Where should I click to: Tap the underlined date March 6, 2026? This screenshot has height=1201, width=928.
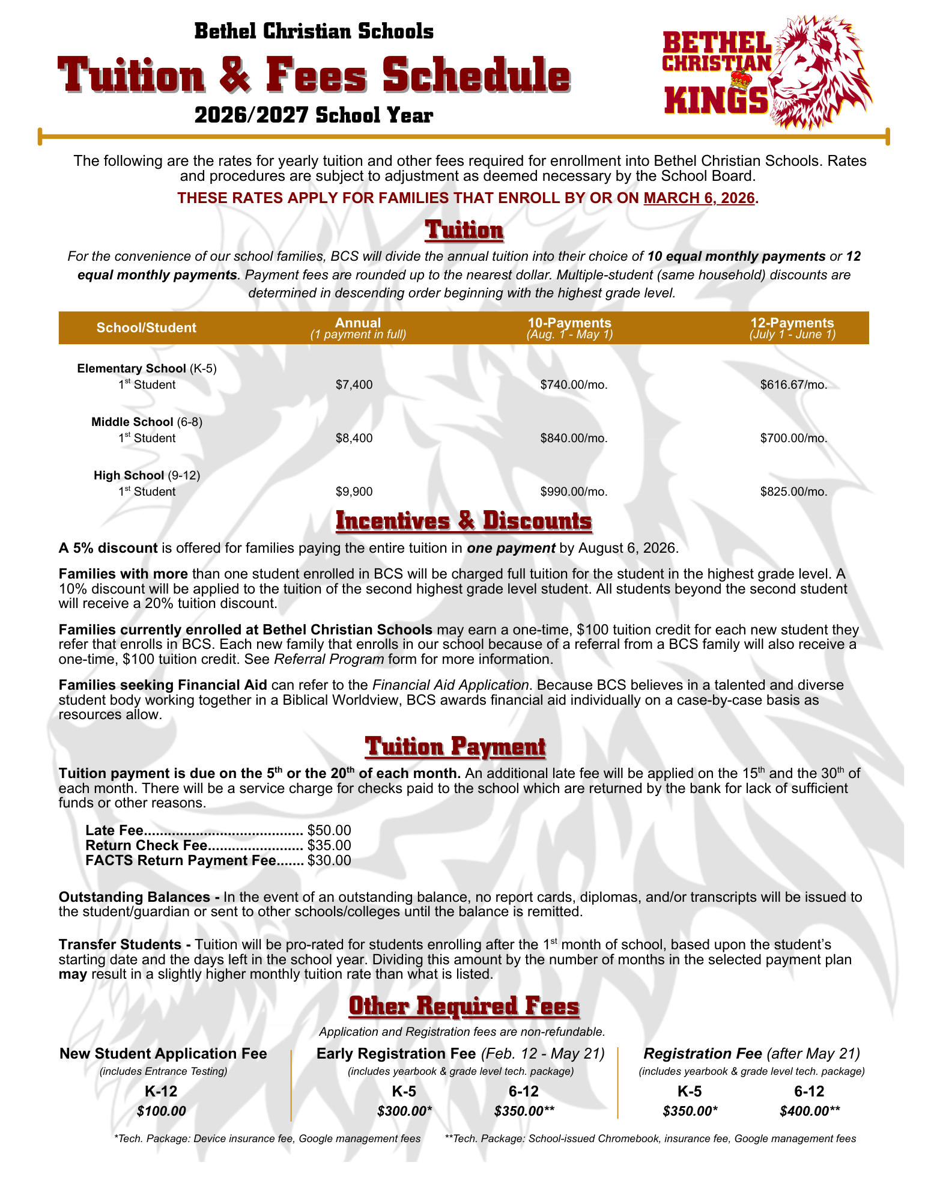(699, 198)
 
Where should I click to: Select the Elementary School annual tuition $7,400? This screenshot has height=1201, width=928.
(354, 385)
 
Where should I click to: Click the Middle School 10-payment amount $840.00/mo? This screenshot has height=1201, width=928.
(574, 438)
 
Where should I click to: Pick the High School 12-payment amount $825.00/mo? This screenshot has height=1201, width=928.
(793, 491)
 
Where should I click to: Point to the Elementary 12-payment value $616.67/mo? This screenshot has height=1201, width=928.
(793, 385)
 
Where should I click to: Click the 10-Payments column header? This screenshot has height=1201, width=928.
(569, 327)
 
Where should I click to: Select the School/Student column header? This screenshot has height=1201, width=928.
(147, 327)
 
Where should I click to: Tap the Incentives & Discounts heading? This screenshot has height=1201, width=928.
(464, 521)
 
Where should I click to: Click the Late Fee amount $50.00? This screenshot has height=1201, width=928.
(329, 830)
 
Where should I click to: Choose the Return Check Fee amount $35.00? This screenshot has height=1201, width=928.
(329, 845)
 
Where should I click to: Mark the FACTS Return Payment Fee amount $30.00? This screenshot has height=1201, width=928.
(329, 860)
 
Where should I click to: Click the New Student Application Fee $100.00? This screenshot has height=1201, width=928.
(161, 1111)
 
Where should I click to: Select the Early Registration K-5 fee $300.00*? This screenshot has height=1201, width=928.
(404, 1111)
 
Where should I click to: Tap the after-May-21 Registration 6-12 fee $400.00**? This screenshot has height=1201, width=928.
(810, 1111)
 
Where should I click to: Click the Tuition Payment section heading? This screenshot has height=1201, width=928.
(455, 747)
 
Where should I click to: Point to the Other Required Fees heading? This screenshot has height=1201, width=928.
(464, 1006)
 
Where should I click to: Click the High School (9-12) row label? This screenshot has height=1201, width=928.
(147, 475)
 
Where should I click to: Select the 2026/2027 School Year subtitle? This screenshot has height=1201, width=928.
(314, 115)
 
